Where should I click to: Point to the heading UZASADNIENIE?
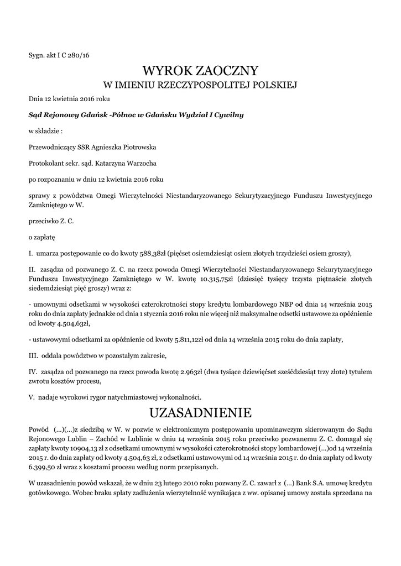tap(200, 413)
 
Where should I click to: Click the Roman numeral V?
tap(32, 397)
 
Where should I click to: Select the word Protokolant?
tap(46, 164)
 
